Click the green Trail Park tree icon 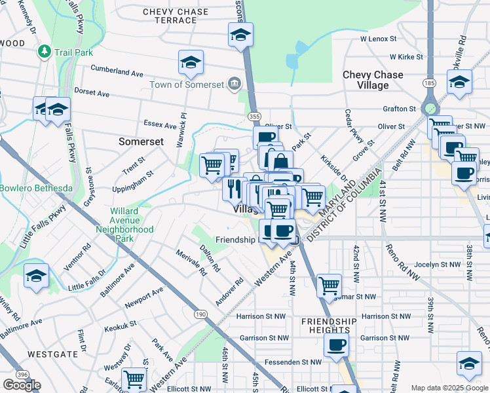45,50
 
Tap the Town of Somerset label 187,84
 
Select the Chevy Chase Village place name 373,80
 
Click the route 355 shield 254,115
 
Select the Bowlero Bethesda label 36,189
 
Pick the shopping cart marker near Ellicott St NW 134,379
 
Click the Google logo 22,385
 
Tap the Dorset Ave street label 92,94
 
